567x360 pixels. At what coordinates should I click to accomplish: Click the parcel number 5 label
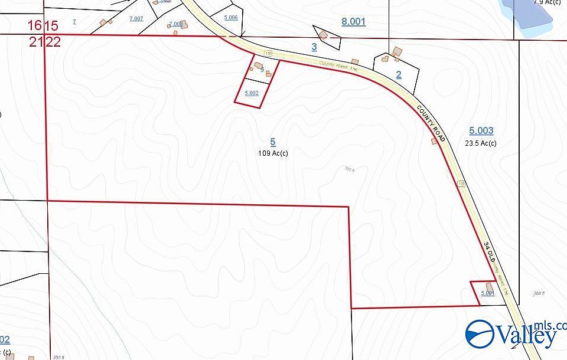click(x=273, y=142)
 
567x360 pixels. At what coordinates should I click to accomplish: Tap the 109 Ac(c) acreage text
click(x=273, y=153)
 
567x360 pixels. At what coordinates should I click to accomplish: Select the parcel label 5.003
click(x=481, y=130)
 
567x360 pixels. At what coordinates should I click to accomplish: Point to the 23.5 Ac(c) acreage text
click(x=481, y=143)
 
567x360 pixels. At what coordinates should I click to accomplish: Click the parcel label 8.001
click(x=354, y=22)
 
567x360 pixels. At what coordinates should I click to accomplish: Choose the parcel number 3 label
click(x=314, y=47)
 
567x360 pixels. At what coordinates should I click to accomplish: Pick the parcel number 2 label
click(x=399, y=74)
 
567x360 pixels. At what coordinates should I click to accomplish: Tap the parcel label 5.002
click(x=252, y=93)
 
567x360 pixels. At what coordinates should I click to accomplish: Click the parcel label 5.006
click(x=231, y=18)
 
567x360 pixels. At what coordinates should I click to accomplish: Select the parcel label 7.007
click(x=136, y=19)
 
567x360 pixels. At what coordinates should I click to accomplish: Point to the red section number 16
click(x=36, y=25)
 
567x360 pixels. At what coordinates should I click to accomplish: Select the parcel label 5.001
click(x=487, y=293)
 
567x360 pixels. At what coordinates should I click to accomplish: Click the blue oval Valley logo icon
click(x=480, y=334)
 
